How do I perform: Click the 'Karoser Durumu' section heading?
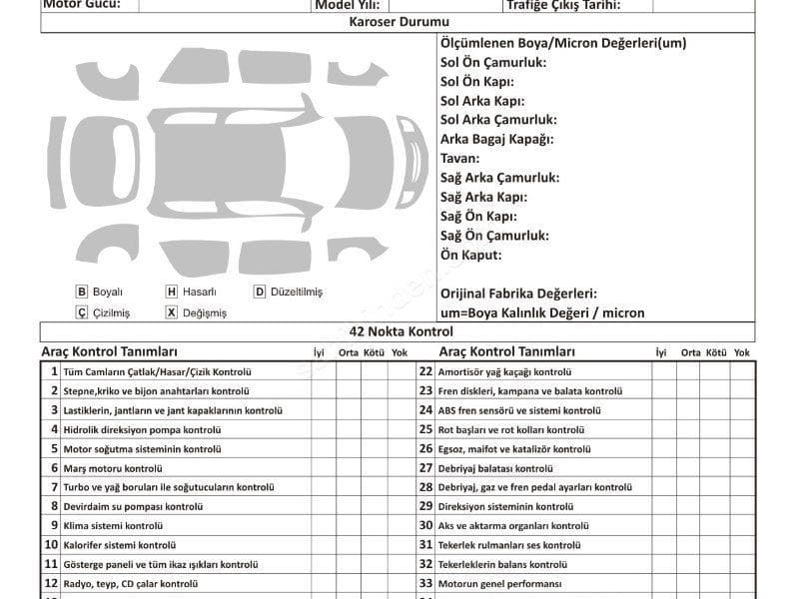click(399, 22)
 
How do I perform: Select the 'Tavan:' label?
click(460, 158)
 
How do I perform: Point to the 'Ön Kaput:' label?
click(471, 255)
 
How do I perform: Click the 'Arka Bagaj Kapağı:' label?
click(497, 139)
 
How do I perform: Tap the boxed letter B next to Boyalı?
click(82, 293)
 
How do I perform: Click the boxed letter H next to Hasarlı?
click(172, 293)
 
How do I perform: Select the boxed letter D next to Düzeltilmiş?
click(260, 293)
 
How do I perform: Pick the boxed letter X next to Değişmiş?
click(172, 312)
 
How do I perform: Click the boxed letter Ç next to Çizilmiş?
click(82, 312)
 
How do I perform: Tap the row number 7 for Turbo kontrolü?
click(54, 487)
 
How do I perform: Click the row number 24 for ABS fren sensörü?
click(425, 410)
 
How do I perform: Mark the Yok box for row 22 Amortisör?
click(742, 371)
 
